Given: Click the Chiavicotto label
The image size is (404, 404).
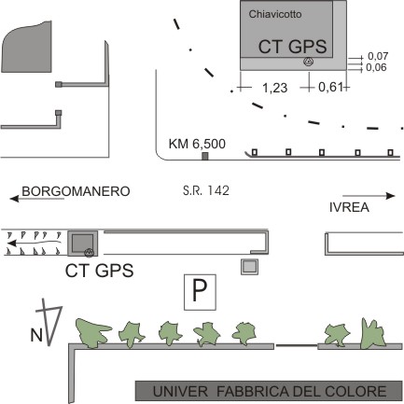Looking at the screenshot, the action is point(275,14).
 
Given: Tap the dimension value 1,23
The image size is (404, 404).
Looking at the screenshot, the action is point(275,88).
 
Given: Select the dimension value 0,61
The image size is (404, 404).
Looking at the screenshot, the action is point(330,88).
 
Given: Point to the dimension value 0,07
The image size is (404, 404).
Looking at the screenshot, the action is point(378,56).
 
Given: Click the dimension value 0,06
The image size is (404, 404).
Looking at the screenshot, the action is point(376,67).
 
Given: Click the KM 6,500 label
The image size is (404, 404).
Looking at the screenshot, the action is point(197,144).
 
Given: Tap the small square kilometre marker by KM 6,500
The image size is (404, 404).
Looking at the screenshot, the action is point(204,156).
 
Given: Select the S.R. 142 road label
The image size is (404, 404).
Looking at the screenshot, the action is point(206,190).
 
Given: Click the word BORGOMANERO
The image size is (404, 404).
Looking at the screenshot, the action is point(76,191).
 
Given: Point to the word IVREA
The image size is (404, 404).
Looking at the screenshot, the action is point(349,207).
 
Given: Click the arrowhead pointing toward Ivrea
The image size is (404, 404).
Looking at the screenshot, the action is point(390,196).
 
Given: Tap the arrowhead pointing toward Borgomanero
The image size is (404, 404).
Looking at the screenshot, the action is point(14,198).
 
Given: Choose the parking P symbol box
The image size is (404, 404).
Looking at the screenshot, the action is point(200,292).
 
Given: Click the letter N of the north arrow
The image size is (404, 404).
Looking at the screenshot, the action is point(36,336).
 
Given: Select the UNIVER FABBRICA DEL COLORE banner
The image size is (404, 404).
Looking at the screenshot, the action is point(269,391).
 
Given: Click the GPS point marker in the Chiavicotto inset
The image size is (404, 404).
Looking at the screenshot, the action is point(308,62).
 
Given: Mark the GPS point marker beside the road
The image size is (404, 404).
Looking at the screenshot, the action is point(90,253).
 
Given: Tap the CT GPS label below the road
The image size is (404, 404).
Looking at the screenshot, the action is point(100,271).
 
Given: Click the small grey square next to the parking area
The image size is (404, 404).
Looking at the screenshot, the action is point(250,267).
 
